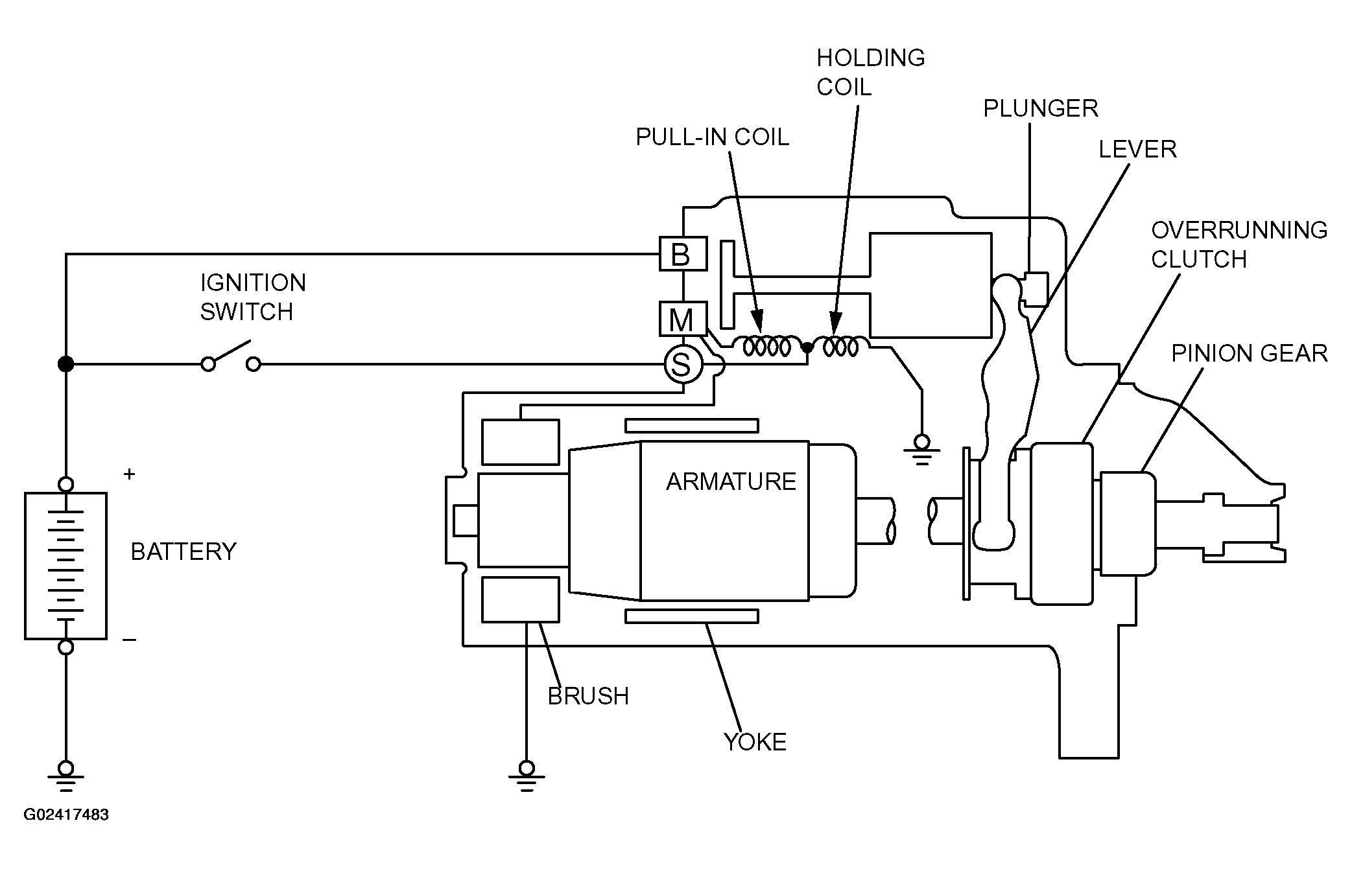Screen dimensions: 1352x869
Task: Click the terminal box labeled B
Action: click(683, 253)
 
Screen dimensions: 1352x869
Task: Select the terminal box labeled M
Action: click(683, 319)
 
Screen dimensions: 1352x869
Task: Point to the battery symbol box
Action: click(65, 566)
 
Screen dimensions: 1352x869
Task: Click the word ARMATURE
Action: click(731, 481)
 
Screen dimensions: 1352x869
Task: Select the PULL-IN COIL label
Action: click(712, 137)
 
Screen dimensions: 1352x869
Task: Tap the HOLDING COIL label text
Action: click(870, 72)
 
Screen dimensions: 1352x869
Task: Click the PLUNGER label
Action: click(1041, 108)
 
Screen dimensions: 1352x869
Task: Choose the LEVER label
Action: click(1137, 149)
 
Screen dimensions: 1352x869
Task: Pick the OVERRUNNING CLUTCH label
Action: click(1239, 244)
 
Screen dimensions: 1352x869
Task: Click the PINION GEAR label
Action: click(1250, 353)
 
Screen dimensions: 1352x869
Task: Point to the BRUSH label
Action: click(588, 696)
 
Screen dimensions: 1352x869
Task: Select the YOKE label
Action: click(755, 742)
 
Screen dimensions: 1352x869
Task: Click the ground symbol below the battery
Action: click(65, 776)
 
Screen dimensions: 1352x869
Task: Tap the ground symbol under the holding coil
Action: click(921, 450)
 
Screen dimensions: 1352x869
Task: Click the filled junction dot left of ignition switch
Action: click(65, 364)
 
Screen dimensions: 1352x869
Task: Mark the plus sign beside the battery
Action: click(129, 474)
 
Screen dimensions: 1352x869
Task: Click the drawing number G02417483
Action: click(66, 815)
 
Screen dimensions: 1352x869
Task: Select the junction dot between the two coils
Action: click(807, 347)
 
